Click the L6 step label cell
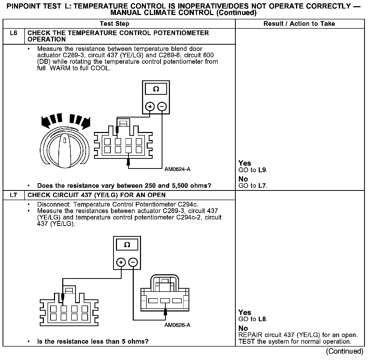coord(14,33)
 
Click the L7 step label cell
coord(14,195)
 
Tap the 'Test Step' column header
coord(115,24)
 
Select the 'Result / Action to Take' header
coord(299,24)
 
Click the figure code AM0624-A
coord(177,169)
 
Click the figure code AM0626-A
coord(177,325)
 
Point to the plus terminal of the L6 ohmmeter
coord(150,106)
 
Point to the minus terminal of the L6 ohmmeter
coord(162,106)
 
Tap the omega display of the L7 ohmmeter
coord(127,245)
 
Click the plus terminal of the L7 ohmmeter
coord(121,262)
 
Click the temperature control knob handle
coord(65,151)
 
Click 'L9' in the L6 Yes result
coord(263,170)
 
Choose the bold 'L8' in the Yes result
coord(263,319)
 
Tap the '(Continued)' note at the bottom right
coord(344,351)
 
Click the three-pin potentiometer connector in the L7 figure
coord(165,297)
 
